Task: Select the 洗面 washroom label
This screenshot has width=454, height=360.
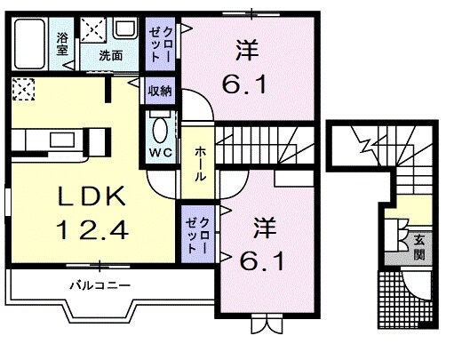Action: [111, 54]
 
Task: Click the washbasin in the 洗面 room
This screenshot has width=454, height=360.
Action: [122, 30]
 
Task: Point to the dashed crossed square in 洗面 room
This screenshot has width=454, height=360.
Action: [92, 29]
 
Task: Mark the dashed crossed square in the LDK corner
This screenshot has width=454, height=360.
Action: [24, 90]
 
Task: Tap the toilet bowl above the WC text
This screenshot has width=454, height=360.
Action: [160, 132]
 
